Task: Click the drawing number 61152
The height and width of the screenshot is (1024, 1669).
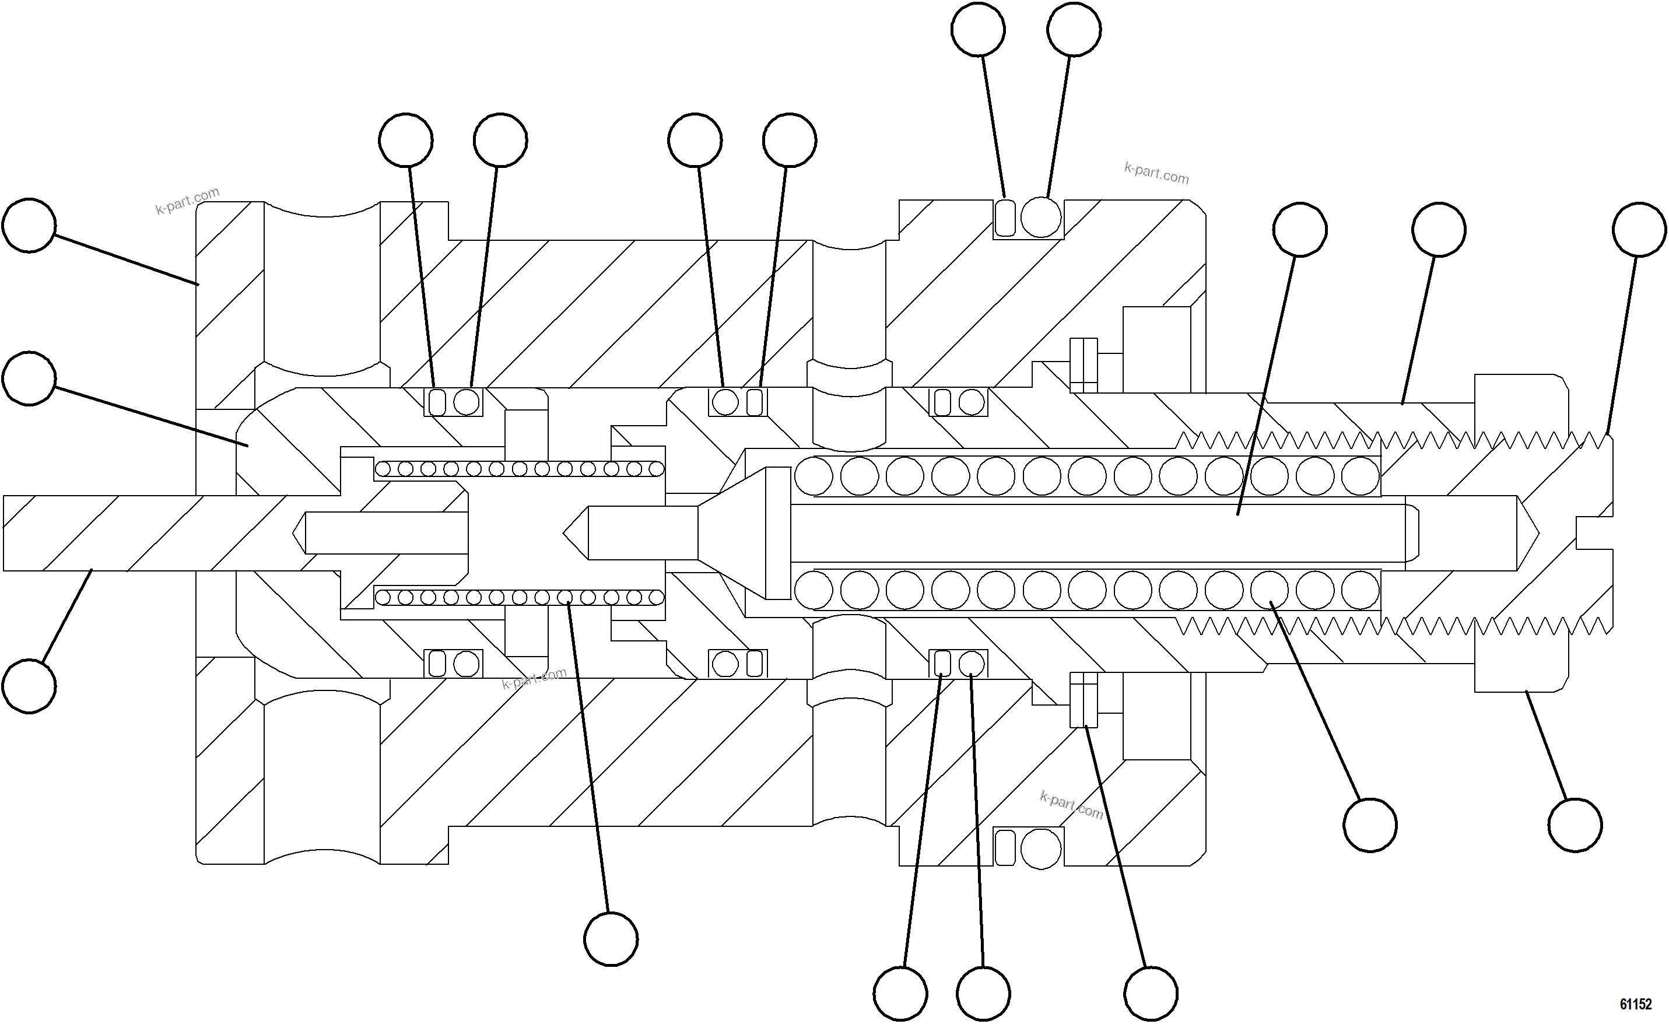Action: point(1636,1004)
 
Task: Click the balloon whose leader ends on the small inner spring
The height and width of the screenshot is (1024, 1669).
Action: point(611,939)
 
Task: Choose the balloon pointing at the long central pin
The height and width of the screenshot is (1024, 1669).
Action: point(1299,230)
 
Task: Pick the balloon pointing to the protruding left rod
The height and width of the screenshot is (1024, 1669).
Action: point(29,686)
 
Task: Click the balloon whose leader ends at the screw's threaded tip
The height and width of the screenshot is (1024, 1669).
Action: point(1639,229)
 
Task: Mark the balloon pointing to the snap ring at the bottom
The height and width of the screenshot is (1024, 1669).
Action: point(1151,994)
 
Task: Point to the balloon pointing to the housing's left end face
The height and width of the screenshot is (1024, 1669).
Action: point(29,226)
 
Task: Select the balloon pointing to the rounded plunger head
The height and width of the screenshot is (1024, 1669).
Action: point(29,378)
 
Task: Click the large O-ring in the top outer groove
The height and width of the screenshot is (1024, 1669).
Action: point(1040,218)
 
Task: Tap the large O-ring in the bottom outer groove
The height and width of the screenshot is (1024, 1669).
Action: point(1040,848)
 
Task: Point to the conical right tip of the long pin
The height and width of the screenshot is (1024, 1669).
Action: point(1527,533)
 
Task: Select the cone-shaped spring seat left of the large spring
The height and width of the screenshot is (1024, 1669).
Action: point(742,533)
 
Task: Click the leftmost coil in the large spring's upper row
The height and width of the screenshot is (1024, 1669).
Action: point(814,475)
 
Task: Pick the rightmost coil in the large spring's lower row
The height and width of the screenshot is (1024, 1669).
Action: point(1360,590)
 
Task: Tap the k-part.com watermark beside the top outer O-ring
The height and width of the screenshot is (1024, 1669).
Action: point(1156,173)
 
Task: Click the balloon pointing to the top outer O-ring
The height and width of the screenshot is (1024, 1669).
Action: point(1074,30)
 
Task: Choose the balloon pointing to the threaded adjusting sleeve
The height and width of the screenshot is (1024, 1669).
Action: point(1439,229)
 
